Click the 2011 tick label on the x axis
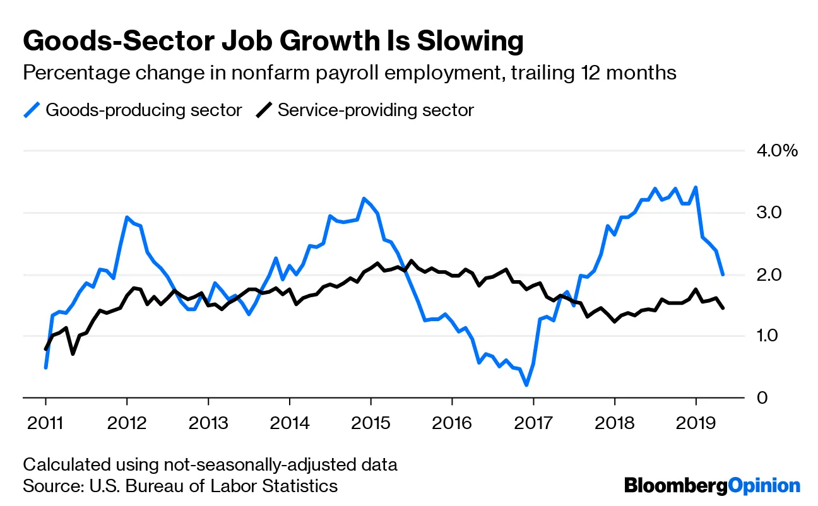45,422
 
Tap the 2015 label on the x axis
370,422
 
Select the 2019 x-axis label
696,422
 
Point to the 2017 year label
533,422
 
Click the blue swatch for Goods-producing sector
32,110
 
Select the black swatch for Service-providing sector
264,110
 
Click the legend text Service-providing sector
376,110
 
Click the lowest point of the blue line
526,385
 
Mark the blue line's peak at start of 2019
696,187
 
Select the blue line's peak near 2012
127,218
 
